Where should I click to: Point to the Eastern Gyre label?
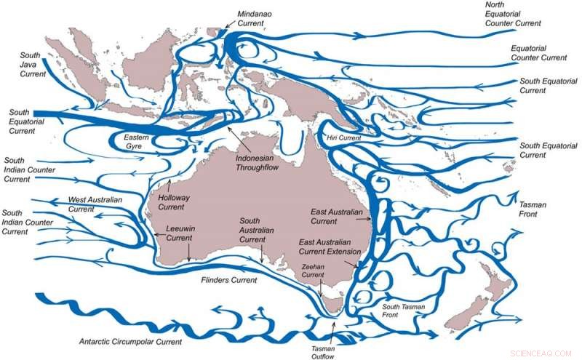tap(137, 143)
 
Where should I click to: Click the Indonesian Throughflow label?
tap(258, 162)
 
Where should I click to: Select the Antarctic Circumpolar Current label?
tap(131, 340)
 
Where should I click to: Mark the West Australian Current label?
tap(95, 204)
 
